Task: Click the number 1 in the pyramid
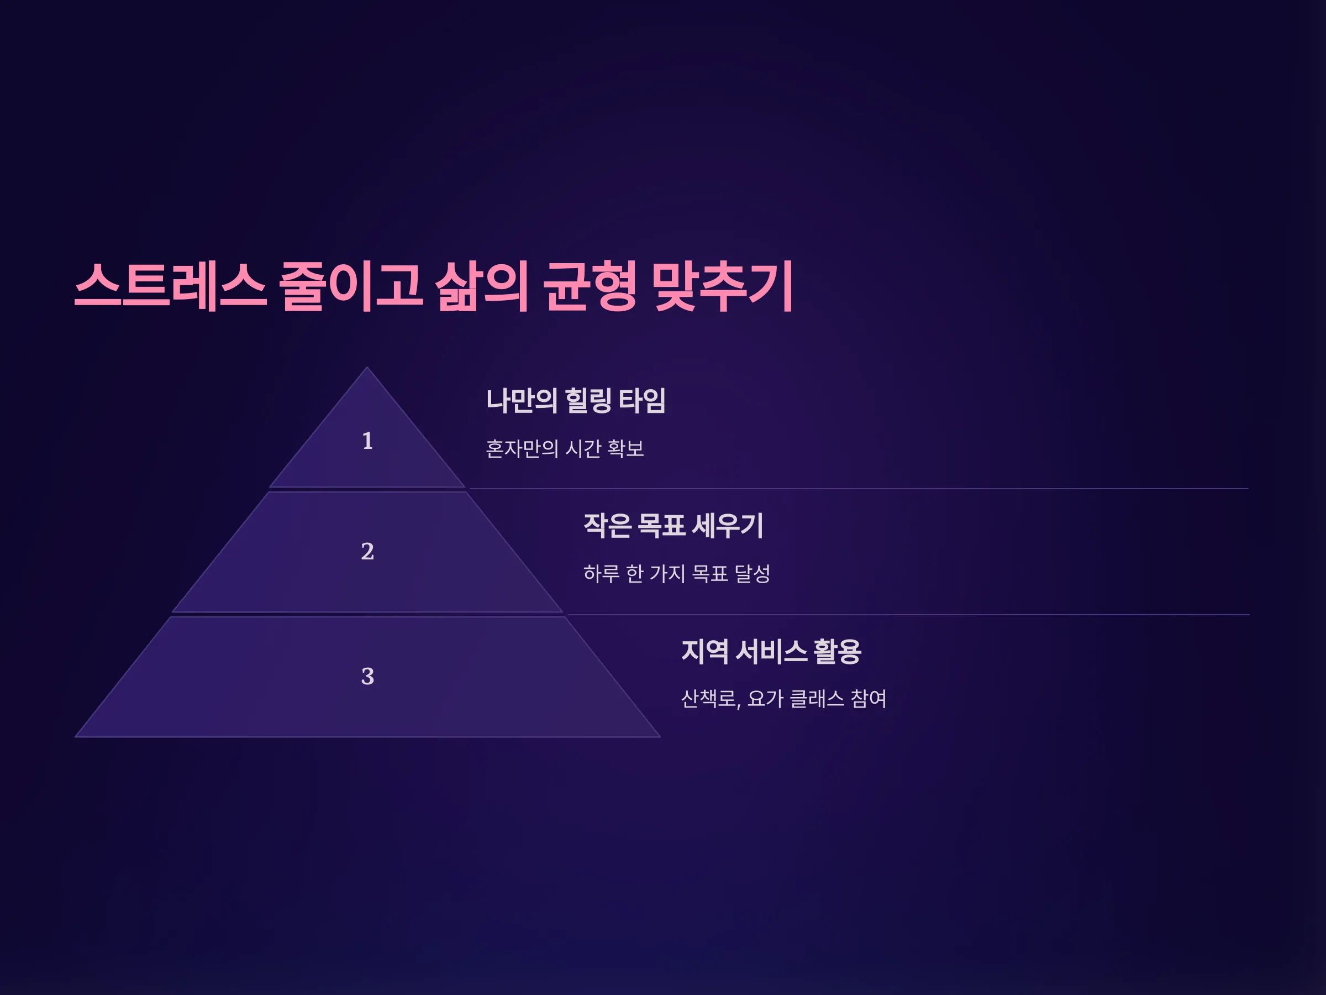pyautogui.click(x=367, y=441)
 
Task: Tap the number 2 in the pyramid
pyautogui.click(x=367, y=551)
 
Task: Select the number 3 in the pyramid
pyautogui.click(x=367, y=677)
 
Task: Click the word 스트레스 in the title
pyautogui.click(x=170, y=286)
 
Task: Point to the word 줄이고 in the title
pyautogui.click(x=351, y=286)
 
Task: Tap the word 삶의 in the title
pyautogui.click(x=482, y=286)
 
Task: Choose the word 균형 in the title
pyautogui.click(x=590, y=286)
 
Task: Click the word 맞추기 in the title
pyautogui.click(x=723, y=286)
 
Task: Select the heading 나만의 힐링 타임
pyautogui.click(x=576, y=400)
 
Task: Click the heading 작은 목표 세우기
pyautogui.click(x=673, y=525)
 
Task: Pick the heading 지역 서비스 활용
pyautogui.click(x=771, y=651)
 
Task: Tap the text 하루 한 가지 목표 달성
pyautogui.click(x=677, y=573)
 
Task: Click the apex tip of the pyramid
pyautogui.click(x=367, y=367)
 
